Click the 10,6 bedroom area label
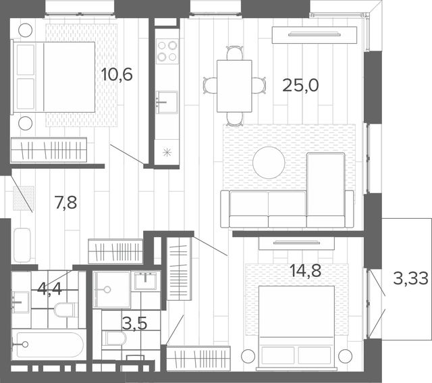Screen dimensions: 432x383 tap(117, 74)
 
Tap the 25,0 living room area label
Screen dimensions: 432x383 tap(300, 85)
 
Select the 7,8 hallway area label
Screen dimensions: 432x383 tap(66, 203)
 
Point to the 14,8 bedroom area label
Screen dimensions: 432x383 tap(306, 270)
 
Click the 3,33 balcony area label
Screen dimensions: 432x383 tap(410, 278)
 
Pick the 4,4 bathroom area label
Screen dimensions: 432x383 tap(49, 290)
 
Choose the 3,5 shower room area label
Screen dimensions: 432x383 tap(134, 324)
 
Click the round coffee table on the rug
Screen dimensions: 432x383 tap(269, 163)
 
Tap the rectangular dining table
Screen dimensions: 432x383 tap(234, 86)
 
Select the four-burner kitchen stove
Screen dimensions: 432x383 tap(167, 51)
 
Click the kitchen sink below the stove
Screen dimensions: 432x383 tap(167, 102)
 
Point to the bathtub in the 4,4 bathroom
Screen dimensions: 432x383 tap(47, 344)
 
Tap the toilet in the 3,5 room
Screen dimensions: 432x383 tap(114, 338)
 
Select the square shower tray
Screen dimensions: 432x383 tap(111, 289)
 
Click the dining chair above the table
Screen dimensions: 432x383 tap(235, 53)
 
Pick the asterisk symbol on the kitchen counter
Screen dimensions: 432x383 tap(167, 153)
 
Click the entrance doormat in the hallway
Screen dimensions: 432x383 tap(24, 199)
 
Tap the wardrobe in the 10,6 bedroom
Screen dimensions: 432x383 tap(49, 150)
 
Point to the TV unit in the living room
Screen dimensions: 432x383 tap(315, 34)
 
